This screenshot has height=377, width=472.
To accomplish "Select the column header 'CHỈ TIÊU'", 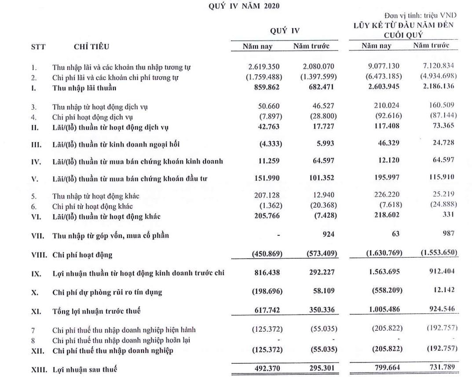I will coord(92,47).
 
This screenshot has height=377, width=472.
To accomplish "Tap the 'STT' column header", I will coord(38,47).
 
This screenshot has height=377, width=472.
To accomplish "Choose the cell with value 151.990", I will coord(267,178).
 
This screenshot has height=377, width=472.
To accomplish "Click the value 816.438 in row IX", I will coord(267,273).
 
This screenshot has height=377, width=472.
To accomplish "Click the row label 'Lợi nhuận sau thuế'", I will coord(84,370).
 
